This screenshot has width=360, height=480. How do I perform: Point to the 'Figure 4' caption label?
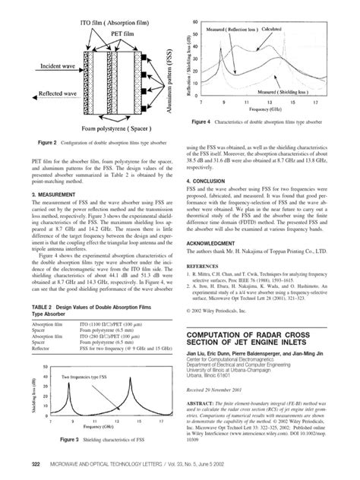pos(205,120)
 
